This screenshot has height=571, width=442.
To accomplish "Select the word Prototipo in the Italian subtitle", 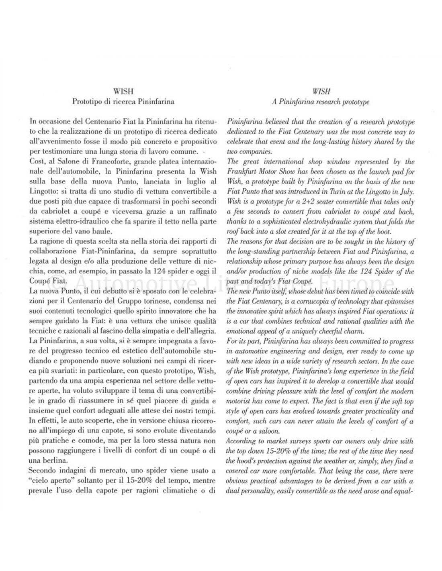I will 86,102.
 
